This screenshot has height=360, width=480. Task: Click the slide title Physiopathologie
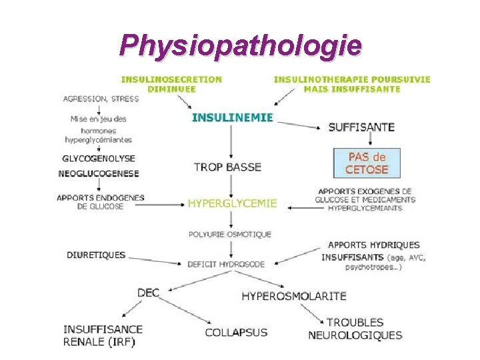(240, 45)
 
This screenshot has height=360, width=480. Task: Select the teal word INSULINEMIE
(232, 117)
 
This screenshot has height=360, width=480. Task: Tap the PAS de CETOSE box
(366, 163)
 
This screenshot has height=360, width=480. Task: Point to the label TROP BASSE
(227, 167)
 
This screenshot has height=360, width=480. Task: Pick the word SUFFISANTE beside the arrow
(361, 127)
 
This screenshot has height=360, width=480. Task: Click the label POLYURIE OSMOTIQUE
(229, 234)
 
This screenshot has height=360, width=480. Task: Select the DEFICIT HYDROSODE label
(225, 264)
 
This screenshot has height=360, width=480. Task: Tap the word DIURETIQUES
(96, 255)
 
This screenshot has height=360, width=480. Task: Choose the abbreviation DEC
(148, 292)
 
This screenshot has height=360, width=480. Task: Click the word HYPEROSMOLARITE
(293, 295)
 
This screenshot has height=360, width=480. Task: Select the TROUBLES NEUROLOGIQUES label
(355, 329)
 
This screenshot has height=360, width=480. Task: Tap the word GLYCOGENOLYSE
(98, 159)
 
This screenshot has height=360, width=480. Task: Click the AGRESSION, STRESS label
(101, 99)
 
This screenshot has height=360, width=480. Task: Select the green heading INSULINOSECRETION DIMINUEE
(171, 84)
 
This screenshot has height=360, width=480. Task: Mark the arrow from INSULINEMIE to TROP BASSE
(231, 143)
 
